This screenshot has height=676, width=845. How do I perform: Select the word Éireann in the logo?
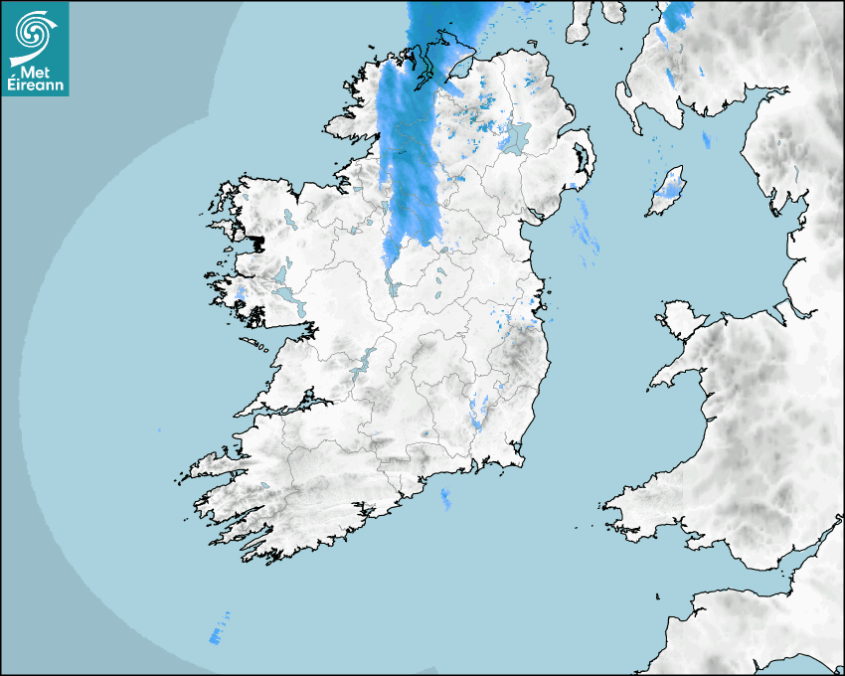tap(36, 85)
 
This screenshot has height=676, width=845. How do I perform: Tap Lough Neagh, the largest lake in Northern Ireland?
tap(516, 138)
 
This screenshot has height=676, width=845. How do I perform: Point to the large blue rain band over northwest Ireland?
tap(410, 149)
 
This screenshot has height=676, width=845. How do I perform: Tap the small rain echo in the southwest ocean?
tap(216, 632)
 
